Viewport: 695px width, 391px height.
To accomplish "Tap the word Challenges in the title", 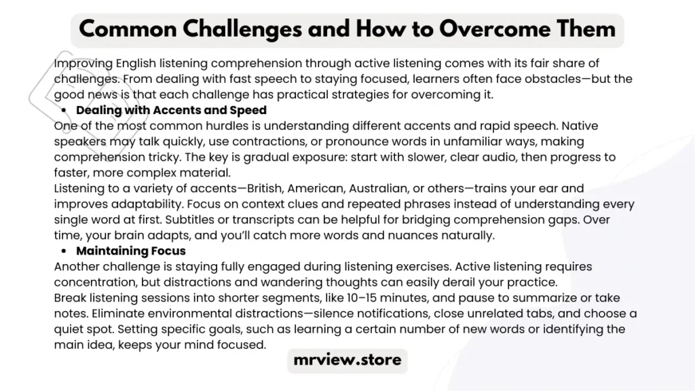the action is click(242, 29).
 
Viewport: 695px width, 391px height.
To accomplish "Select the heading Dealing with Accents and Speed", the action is click(171, 110).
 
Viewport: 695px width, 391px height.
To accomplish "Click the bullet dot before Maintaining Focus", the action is click(64, 251).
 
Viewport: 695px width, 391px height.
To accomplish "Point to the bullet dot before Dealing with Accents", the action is click(64, 111).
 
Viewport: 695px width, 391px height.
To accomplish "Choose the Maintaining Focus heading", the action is click(131, 251).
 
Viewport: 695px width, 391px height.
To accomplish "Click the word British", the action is click(265, 189).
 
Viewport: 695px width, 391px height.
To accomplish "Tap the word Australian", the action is click(379, 189).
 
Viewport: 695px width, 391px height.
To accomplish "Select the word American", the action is click(316, 189).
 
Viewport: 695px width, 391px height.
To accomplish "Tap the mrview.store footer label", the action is click(347, 360).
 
